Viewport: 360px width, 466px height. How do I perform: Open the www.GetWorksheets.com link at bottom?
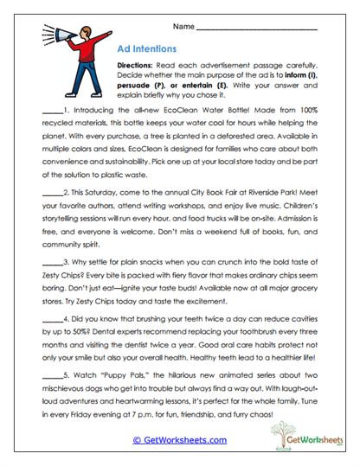[x=180, y=440]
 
